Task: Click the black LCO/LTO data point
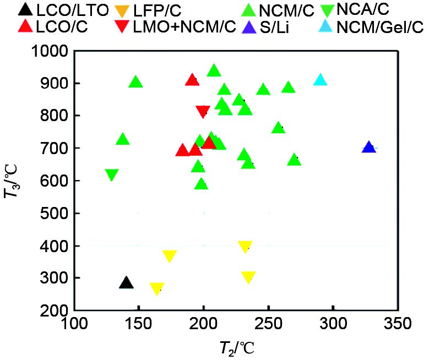pyautogui.click(x=127, y=283)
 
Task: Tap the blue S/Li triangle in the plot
pyautogui.click(x=369, y=148)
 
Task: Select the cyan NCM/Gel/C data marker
pyautogui.click(x=320, y=80)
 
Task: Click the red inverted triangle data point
pyautogui.click(x=203, y=112)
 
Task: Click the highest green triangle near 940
pyautogui.click(x=214, y=70)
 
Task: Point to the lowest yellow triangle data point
pyautogui.click(x=157, y=288)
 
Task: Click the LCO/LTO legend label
pyautogui.click(x=63, y=9)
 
